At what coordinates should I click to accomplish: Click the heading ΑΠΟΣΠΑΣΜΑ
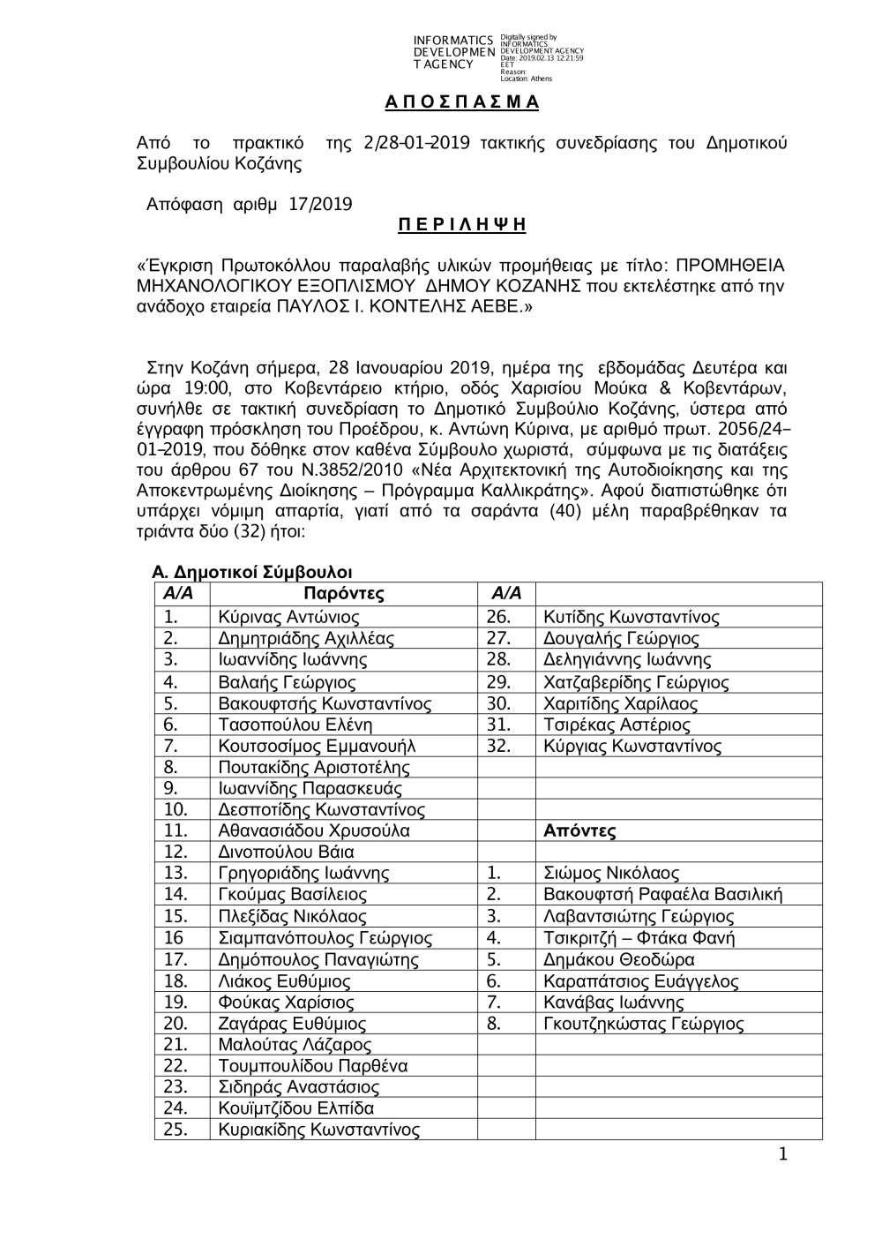point(462,101)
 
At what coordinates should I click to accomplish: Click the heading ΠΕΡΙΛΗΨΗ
point(462,225)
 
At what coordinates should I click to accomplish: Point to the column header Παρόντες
point(343,594)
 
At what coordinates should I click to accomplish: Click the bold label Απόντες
point(579,831)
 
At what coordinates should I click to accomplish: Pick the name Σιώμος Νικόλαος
point(611,874)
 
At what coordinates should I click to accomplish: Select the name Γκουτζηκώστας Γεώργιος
point(643,1025)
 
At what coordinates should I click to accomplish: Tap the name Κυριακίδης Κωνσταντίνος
point(318,1130)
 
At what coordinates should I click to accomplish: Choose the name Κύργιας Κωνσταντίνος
point(632,747)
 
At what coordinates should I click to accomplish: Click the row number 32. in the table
point(498,747)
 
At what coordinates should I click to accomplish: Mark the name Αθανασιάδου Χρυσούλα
point(313,831)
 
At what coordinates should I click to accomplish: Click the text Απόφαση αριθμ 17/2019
point(249,205)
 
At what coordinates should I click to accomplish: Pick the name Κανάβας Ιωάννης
point(613,1003)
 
